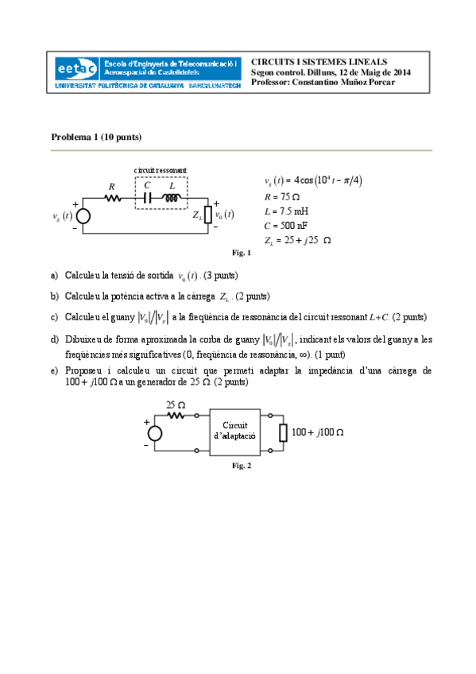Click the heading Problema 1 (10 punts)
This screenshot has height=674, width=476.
(x=96, y=137)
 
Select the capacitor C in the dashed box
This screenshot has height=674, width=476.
(x=148, y=199)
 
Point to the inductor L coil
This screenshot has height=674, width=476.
(x=172, y=199)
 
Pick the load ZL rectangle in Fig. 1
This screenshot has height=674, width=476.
(x=209, y=215)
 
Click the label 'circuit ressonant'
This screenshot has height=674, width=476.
(x=161, y=170)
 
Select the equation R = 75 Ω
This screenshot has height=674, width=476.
(x=281, y=196)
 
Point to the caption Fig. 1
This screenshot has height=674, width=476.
(x=241, y=254)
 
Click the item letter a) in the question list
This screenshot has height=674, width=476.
(x=54, y=276)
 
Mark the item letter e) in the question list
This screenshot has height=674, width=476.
(x=54, y=371)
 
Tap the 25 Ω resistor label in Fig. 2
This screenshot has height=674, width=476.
(x=176, y=405)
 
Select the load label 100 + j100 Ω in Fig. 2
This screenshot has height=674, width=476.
(x=317, y=432)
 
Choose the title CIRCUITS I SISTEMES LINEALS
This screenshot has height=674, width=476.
(x=319, y=61)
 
